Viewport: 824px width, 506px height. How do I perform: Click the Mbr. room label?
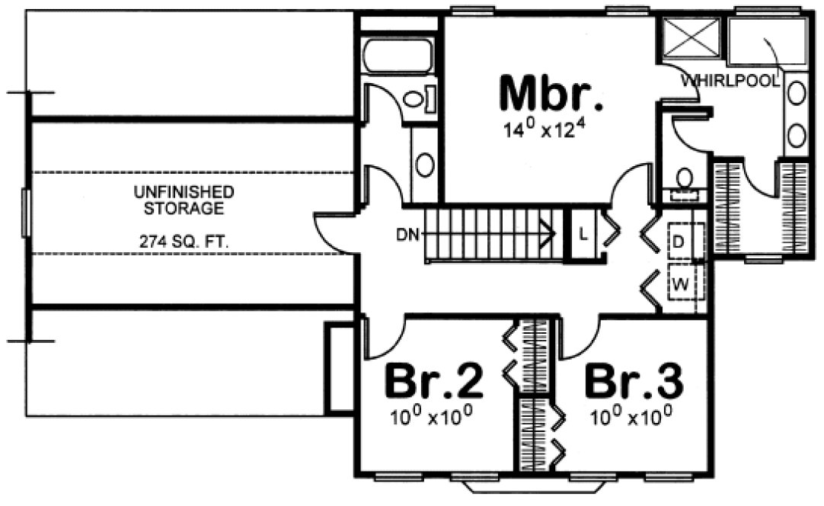click(551, 94)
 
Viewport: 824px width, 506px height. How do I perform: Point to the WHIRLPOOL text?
click(730, 80)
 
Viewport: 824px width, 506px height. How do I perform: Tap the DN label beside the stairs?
click(408, 234)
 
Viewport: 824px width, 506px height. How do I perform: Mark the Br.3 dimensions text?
click(631, 416)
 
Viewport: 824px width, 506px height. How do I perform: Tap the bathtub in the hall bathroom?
click(398, 56)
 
